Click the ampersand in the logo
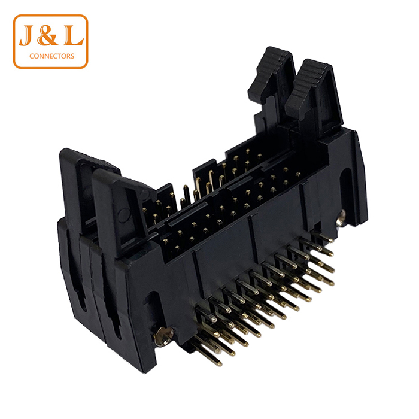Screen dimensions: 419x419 48,35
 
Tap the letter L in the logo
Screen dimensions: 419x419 73,35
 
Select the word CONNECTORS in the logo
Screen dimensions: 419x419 51,56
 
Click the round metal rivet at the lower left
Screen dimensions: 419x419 164,336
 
